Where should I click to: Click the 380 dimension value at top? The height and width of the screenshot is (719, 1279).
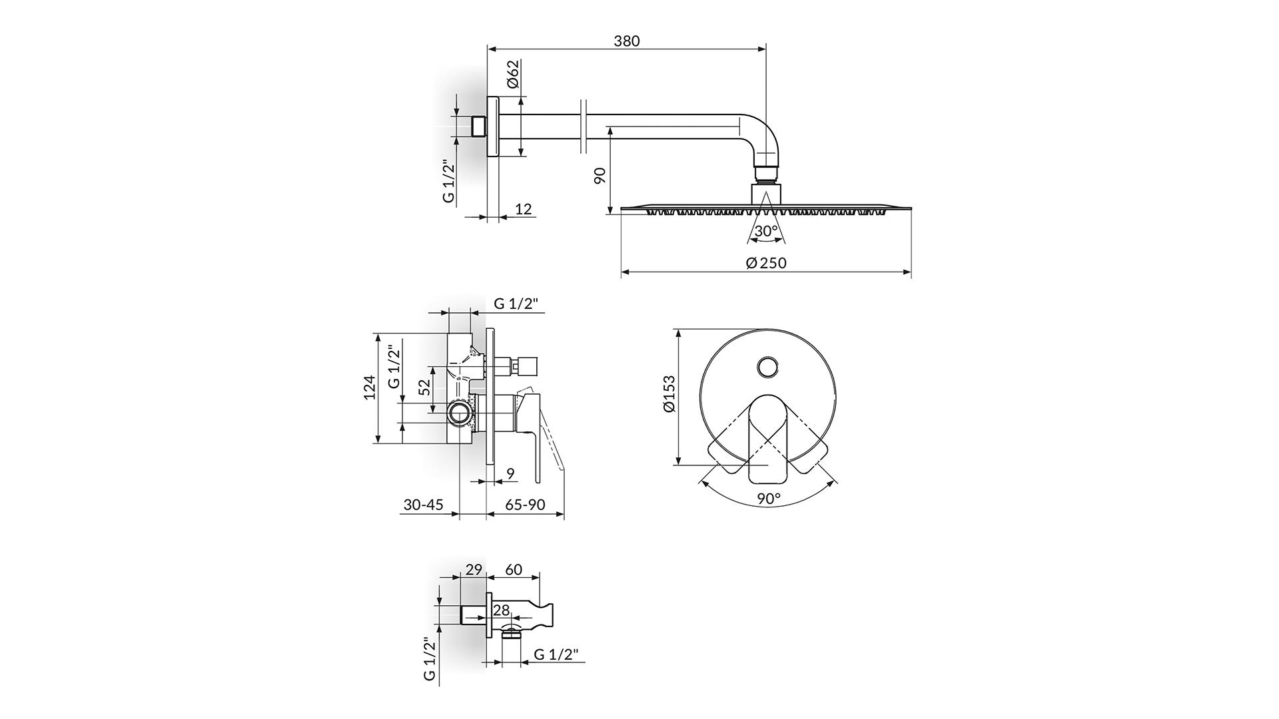point(626,41)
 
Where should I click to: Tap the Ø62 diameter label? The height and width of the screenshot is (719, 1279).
point(512,74)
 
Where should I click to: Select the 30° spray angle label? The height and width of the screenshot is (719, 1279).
point(766,231)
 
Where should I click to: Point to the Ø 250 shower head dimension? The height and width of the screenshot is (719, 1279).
point(766,263)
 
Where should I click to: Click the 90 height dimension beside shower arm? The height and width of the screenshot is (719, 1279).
point(600,176)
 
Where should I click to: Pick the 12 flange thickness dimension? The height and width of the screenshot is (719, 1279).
point(524,209)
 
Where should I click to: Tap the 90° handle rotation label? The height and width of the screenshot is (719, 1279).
point(768,498)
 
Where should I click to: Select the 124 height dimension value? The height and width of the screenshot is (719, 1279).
point(370,387)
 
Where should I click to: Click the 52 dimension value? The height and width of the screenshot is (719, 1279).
point(424,388)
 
